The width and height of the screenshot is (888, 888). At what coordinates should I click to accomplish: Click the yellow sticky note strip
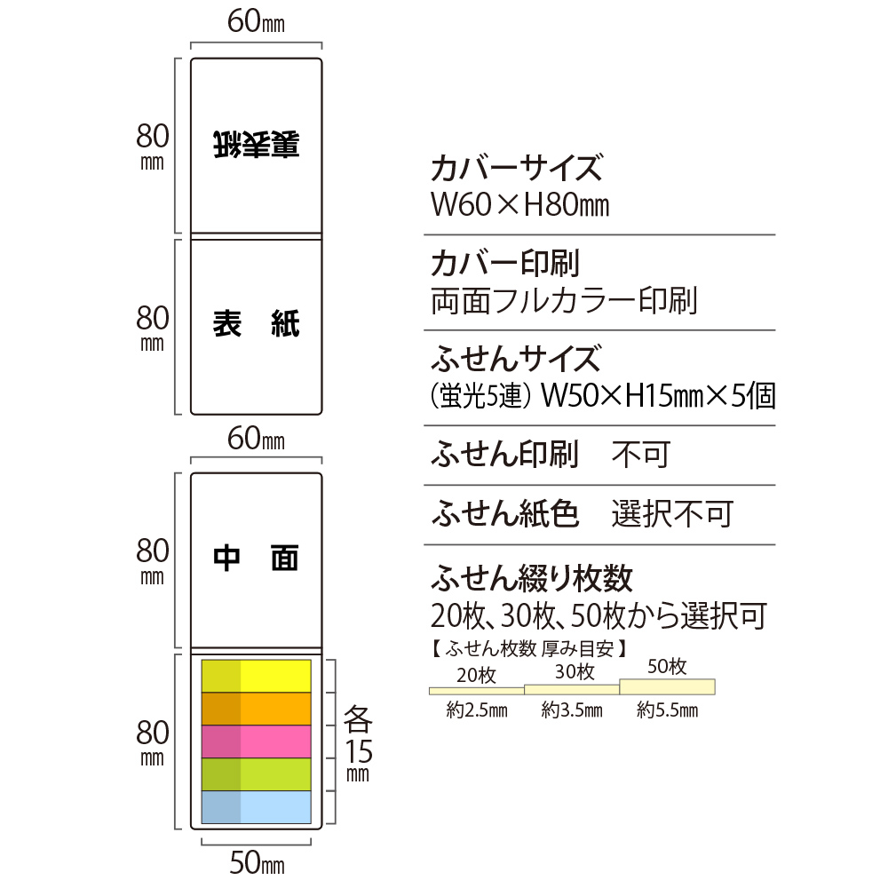pos(256,676)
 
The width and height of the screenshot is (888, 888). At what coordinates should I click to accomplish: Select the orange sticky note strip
pos(256,709)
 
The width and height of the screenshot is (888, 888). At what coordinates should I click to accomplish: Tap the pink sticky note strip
pos(256,741)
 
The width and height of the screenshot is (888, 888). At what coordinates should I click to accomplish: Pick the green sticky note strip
pos(256,774)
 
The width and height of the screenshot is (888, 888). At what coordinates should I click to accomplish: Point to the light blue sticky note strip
pos(256,807)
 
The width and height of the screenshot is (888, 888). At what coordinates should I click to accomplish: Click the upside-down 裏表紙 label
pos(256,145)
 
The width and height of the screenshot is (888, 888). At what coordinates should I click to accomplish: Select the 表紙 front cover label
pos(256,324)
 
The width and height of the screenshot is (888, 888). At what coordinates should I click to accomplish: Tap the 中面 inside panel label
pos(256,559)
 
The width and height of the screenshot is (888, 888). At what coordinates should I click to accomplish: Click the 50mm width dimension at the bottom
pos(257,863)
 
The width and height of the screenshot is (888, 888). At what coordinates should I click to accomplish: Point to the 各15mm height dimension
pos(358,743)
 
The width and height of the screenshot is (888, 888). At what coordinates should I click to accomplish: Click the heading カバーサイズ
pos(517,168)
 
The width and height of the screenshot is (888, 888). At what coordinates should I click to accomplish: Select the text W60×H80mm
pos(519,204)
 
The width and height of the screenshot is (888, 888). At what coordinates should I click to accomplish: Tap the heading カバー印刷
pos(505,264)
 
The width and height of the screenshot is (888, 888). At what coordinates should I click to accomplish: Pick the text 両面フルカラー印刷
pos(564,301)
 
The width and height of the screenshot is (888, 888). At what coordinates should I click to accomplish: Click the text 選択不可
pos(672,513)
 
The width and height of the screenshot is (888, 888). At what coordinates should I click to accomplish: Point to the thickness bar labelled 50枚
pos(667,686)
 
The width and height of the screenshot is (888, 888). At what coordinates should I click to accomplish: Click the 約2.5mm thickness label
pos(477,710)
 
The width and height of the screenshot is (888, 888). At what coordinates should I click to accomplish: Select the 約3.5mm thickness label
pos(572,710)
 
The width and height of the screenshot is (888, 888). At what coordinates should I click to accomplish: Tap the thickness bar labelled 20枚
pos(477,691)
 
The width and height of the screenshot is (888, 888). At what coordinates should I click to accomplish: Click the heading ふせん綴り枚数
pos(531,578)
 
